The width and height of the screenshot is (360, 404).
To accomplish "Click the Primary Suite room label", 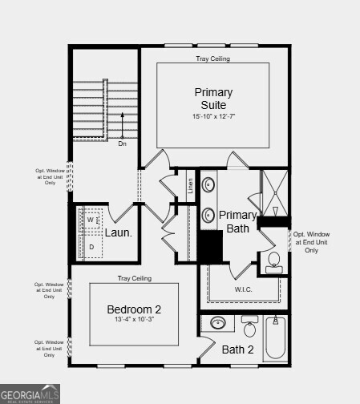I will pos(214,99).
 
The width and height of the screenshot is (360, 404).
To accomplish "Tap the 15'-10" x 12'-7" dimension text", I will pos(213,117).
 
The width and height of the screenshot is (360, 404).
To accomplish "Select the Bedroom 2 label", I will pos(135,309).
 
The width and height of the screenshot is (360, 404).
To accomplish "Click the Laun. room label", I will pos(119,233).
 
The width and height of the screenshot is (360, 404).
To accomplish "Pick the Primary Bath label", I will pos(238,221).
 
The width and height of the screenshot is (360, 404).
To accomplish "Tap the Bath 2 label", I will pos(238,349).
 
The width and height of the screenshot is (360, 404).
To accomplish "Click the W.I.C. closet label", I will pos(244,289).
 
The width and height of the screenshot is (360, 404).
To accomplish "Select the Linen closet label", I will pos(190,185).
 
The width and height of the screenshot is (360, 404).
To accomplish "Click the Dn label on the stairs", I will pos(123,144).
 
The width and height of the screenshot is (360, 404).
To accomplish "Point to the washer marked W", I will pos(91,220).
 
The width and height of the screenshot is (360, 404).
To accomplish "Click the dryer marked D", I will pos(91,246).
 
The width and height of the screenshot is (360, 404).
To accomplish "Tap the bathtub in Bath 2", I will pos(276,337).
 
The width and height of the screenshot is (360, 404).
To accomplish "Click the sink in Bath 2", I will pos(218,324).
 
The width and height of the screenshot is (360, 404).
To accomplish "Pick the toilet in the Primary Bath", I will pos(273,260).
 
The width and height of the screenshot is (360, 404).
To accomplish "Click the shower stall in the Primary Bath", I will pos(275,192).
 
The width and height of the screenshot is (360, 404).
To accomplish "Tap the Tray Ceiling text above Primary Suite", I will pos(213,59).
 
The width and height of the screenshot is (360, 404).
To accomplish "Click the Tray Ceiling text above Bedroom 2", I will pos(135,278).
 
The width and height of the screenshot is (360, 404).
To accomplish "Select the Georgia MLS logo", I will pos(30,394).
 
